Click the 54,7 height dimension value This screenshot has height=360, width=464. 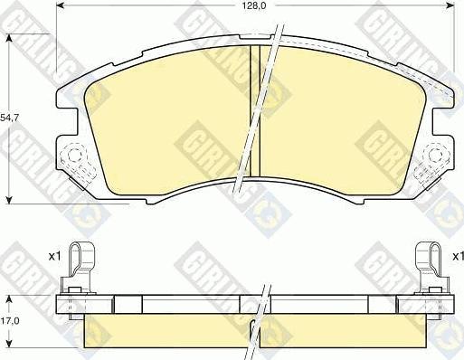coord(9,118)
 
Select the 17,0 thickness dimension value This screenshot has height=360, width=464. coord(10,321)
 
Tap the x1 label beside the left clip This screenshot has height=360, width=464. coord(55,257)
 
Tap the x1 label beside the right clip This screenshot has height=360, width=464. coord(458,257)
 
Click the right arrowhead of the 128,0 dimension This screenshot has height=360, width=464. coord(450,5)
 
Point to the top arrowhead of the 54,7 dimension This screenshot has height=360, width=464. coord(9,39)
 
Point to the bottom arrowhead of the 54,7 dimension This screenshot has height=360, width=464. coord(9,199)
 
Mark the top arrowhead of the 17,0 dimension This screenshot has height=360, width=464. coord(9,299)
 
